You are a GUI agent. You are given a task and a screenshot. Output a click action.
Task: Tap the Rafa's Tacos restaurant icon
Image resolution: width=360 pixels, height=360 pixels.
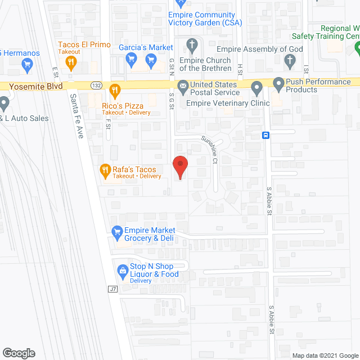point(105,170)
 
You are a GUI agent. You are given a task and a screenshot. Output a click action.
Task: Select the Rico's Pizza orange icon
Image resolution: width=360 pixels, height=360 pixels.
point(115,89)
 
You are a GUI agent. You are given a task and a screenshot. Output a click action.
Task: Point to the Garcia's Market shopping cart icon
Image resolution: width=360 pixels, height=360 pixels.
point(131,58)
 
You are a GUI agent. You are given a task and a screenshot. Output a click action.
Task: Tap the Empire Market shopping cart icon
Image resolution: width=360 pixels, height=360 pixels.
point(117,231)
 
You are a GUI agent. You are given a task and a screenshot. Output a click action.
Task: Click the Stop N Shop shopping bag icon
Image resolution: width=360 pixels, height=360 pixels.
point(122,271)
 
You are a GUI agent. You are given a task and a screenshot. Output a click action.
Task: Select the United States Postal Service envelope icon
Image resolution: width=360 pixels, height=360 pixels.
point(182,87)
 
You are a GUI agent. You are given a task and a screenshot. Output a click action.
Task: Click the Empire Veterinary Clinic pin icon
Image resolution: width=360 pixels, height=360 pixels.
point(256,87)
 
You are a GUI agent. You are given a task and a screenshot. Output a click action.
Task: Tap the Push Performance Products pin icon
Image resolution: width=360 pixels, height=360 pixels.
point(278,85)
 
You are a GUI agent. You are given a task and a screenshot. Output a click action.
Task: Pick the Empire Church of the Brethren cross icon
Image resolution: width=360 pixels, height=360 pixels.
point(192,44)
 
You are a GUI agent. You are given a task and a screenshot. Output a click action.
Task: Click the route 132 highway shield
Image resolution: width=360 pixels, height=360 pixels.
point(96,85)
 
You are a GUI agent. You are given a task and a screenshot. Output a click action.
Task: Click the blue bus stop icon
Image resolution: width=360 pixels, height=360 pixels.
point(265,135)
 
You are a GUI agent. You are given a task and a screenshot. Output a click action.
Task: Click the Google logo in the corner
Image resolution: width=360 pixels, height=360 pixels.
point(18,353)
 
